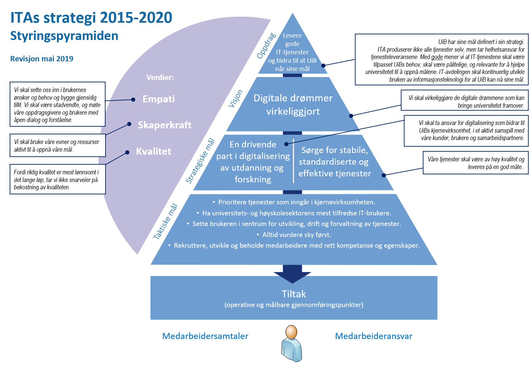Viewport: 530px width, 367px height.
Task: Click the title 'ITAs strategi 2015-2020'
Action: (x=91, y=18)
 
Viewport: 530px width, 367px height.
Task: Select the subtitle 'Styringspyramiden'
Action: (x=64, y=36)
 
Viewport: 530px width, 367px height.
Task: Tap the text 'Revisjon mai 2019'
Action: (x=42, y=59)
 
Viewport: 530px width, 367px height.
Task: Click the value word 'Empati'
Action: (x=158, y=99)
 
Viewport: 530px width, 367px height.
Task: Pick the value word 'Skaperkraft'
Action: (x=164, y=125)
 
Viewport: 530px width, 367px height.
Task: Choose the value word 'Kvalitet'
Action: (x=153, y=151)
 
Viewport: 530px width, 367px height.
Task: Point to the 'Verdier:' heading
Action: (x=160, y=77)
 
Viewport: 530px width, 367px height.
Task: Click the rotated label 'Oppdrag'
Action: (x=266, y=46)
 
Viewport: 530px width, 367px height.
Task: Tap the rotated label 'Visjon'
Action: (x=235, y=99)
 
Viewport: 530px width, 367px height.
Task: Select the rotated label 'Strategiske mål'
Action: (x=200, y=161)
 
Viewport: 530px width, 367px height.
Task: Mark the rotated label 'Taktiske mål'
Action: (x=165, y=221)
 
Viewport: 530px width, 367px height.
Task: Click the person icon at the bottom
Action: (x=292, y=343)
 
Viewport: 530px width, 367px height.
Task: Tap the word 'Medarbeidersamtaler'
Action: (x=205, y=336)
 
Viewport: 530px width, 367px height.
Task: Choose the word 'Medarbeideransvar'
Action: (x=374, y=336)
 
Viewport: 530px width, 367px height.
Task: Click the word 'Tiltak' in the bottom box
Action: (x=294, y=294)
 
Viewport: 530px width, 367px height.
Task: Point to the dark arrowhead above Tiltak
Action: (x=292, y=276)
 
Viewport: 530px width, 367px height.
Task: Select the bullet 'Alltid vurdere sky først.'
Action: (x=297, y=235)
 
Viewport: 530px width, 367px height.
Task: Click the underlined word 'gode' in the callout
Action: (x=437, y=57)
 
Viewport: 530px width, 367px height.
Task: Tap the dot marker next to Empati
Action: (x=133, y=99)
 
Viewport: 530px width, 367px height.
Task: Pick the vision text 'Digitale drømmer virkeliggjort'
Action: (x=293, y=105)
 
